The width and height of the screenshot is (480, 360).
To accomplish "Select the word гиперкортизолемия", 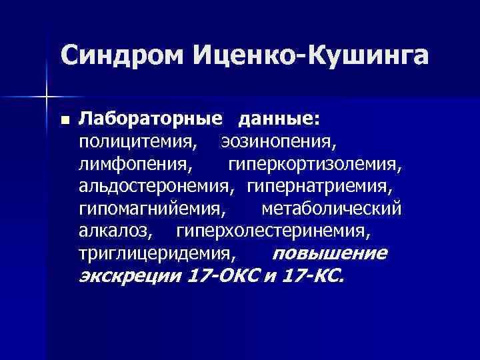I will [x=315, y=164].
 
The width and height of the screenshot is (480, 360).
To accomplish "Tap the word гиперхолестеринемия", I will [x=271, y=232].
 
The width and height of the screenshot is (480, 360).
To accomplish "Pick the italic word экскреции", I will [x=129, y=277].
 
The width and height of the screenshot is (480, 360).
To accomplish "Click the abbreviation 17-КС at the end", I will [x=313, y=277].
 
